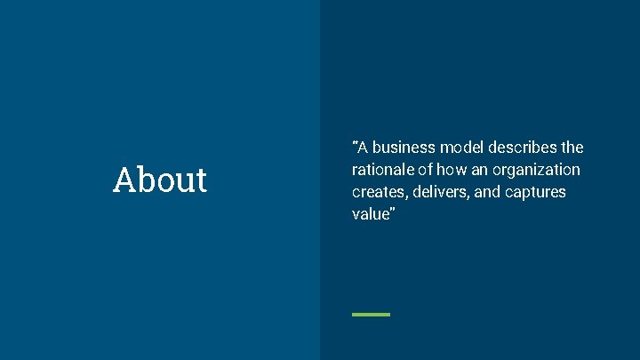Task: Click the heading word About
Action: tap(160, 180)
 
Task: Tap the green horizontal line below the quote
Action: tap(371, 314)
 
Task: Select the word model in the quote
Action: tap(463, 148)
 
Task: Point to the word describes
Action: tap(524, 148)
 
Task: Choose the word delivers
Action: tap(441, 192)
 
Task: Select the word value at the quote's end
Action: tap(371, 214)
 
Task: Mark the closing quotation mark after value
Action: tap(391, 211)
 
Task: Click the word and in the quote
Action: tap(488, 192)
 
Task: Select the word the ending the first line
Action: tap(572, 148)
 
